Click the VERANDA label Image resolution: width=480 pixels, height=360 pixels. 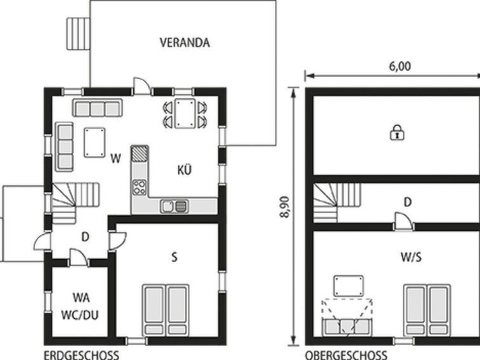point(184,43)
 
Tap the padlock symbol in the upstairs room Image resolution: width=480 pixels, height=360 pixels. point(397,132)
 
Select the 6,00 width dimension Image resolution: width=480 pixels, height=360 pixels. point(400,67)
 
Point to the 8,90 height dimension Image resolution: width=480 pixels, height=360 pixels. point(284,207)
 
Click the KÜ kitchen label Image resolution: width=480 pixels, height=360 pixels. point(184,169)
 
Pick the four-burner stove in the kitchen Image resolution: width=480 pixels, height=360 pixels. point(140,187)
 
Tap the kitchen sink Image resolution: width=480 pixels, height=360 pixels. point(174,206)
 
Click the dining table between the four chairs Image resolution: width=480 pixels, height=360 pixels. point(185,113)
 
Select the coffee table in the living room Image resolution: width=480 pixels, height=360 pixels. point(95,142)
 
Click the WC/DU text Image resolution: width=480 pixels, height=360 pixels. point(80,315)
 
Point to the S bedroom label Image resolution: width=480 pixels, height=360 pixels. point(174,257)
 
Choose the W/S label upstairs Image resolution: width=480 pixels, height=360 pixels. point(411,257)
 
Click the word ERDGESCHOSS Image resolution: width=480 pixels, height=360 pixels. point(81,356)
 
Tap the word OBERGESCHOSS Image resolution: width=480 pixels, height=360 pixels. point(346,356)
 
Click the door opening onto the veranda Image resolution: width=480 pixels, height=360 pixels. point(142,86)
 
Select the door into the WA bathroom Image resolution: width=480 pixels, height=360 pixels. point(79,258)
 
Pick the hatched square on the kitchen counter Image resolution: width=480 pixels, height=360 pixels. point(140,153)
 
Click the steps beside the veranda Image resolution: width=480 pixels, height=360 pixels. point(78,34)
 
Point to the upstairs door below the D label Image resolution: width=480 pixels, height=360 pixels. point(404,221)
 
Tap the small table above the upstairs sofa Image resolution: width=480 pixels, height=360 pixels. point(348,286)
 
